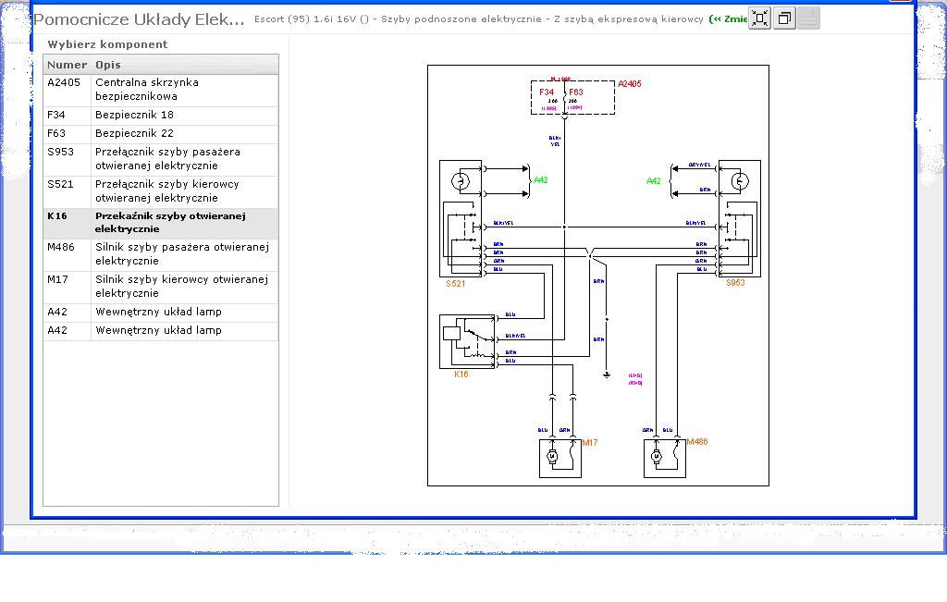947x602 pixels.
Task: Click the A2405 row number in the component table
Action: pyautogui.click(x=64, y=82)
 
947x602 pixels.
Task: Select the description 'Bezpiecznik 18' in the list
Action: pyautogui.click(x=134, y=115)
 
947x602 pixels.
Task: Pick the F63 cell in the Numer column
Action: pyautogui.click(x=56, y=133)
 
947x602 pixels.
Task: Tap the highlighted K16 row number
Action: pyautogui.click(x=57, y=215)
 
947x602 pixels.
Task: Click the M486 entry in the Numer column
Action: pyautogui.click(x=62, y=247)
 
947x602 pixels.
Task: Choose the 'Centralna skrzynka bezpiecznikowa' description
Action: pyautogui.click(x=146, y=89)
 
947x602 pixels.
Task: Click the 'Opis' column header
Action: pyautogui.click(x=108, y=65)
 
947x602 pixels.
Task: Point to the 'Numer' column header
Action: pyautogui.click(x=67, y=65)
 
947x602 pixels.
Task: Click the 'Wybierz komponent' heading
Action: pyautogui.click(x=108, y=44)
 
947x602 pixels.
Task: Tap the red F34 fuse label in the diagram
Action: pyautogui.click(x=547, y=92)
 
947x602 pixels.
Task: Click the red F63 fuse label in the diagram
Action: pyautogui.click(x=576, y=92)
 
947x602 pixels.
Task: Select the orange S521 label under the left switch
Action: pyautogui.click(x=455, y=283)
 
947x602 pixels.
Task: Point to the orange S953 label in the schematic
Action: pyautogui.click(x=735, y=283)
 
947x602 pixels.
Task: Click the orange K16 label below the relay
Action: pyautogui.click(x=461, y=375)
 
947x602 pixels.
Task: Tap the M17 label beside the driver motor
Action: pyautogui.click(x=590, y=443)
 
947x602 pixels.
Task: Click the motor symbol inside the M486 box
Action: pyautogui.click(x=657, y=457)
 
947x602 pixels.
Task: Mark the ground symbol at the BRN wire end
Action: pyautogui.click(x=607, y=375)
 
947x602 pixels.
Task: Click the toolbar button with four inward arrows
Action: pyautogui.click(x=759, y=18)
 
